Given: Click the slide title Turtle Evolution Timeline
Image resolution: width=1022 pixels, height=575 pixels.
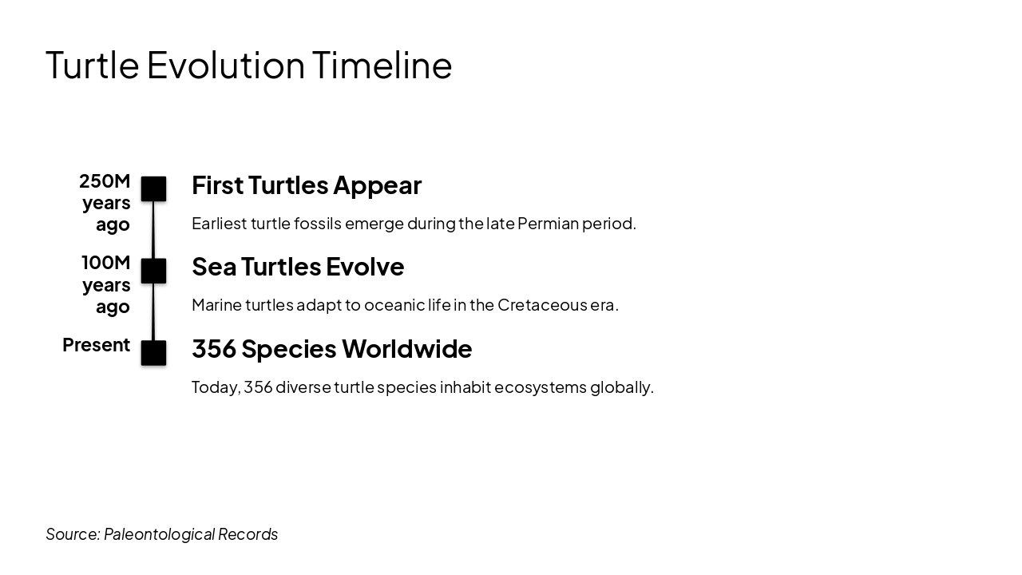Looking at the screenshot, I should pos(248,65).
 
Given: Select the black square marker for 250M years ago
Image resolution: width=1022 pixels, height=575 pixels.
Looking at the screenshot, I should pos(153,189).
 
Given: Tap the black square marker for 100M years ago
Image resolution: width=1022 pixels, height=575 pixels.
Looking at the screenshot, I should pos(153,271).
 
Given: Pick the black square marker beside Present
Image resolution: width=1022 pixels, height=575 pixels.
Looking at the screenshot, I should pos(153,353).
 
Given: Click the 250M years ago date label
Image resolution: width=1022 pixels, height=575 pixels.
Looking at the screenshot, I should pos(105,203).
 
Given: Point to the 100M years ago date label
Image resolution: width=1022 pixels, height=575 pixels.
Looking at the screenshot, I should pos(105,284).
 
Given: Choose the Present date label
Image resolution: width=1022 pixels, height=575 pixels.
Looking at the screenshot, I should pos(96,345).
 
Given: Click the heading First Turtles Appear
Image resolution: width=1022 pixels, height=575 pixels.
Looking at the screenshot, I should pos(307,185).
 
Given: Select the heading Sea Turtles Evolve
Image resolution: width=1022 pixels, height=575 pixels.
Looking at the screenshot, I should pos(298,267).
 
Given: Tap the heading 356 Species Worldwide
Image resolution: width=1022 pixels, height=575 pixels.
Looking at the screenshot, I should pos(331,349).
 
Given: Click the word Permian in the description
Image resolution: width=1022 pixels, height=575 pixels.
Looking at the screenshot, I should pos(548,224).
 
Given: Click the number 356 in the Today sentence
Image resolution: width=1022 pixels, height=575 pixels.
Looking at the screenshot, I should pos(258,387).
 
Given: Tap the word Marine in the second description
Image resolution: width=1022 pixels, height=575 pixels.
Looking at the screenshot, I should pos(216,305).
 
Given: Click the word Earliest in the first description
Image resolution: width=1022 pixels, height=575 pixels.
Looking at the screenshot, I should pos(219,224).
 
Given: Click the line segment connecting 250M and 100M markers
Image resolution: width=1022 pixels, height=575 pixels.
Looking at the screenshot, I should pos(153,230).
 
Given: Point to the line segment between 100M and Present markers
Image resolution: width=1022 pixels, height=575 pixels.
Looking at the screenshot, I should pos(153,311).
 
